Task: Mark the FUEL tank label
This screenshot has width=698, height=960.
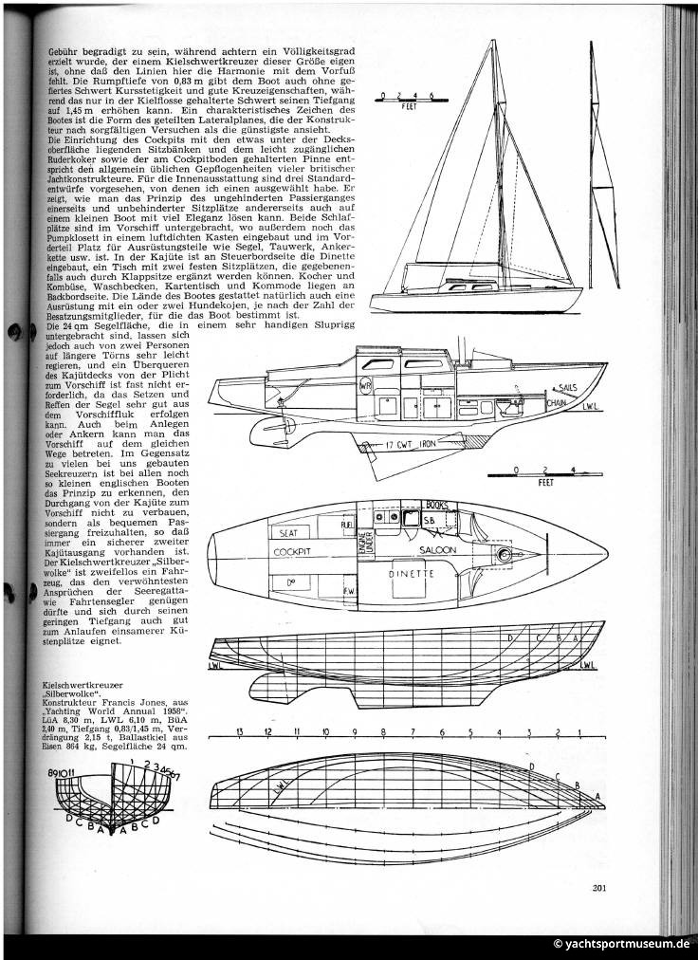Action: [x=347, y=524]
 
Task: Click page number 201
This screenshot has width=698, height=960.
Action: [x=597, y=889]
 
